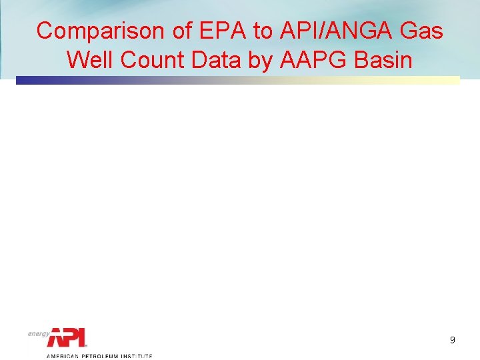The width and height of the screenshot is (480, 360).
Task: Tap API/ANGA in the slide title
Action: (x=336, y=31)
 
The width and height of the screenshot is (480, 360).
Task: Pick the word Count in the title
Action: (x=145, y=59)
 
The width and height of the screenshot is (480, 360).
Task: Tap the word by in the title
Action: (x=254, y=59)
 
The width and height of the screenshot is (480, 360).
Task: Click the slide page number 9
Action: (x=453, y=340)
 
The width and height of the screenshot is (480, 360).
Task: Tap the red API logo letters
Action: (x=67, y=337)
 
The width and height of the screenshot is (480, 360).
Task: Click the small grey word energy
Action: (x=39, y=333)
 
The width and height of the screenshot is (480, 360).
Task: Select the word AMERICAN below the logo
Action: (x=61, y=357)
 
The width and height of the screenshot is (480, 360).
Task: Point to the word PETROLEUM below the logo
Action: (x=101, y=357)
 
